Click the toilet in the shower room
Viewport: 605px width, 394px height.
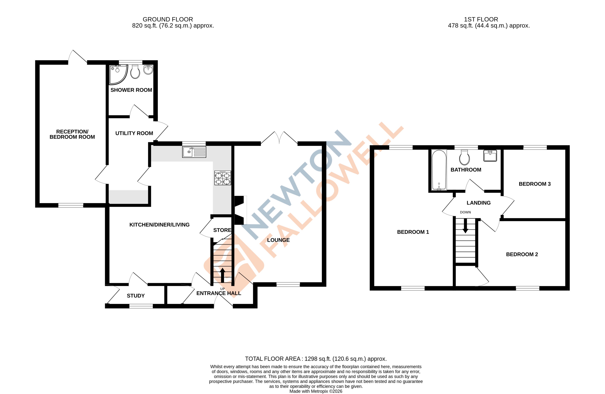(135, 72)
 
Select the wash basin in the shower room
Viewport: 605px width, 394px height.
(148, 69)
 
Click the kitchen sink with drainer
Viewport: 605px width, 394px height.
(194, 152)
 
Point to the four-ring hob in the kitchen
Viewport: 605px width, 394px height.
(222, 178)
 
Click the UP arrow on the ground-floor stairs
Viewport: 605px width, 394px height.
(222, 275)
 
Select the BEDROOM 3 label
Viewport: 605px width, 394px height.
(535, 184)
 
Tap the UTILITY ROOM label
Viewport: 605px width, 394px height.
(134, 133)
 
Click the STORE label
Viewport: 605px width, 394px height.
(222, 230)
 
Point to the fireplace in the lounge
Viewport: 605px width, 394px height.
(240, 210)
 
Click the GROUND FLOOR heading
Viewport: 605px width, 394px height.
(168, 19)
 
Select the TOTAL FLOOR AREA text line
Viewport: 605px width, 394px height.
(316, 359)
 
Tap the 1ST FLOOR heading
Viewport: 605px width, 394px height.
(481, 19)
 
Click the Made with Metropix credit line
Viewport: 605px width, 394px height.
(316, 391)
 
